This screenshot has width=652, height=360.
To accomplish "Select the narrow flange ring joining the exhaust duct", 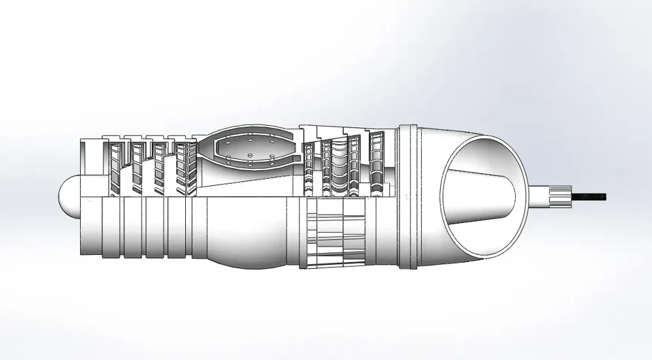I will coord(407,196).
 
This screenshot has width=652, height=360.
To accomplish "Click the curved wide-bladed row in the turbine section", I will coord(340,166).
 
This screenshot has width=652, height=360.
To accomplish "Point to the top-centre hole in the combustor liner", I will coord(252,140).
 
